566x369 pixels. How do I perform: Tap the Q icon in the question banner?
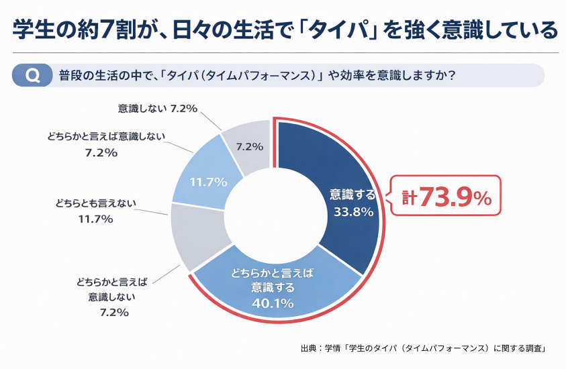(32, 75)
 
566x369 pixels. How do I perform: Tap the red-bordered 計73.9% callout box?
(446, 197)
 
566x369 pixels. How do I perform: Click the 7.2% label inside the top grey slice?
(249, 146)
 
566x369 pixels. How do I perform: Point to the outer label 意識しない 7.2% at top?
(157, 107)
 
